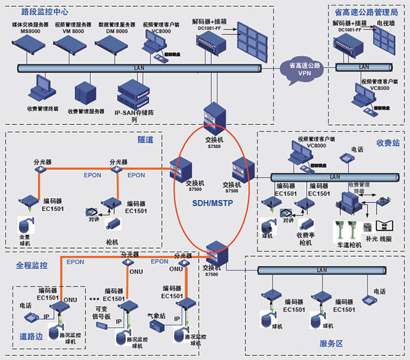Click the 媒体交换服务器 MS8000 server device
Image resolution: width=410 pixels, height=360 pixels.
[30, 46]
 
